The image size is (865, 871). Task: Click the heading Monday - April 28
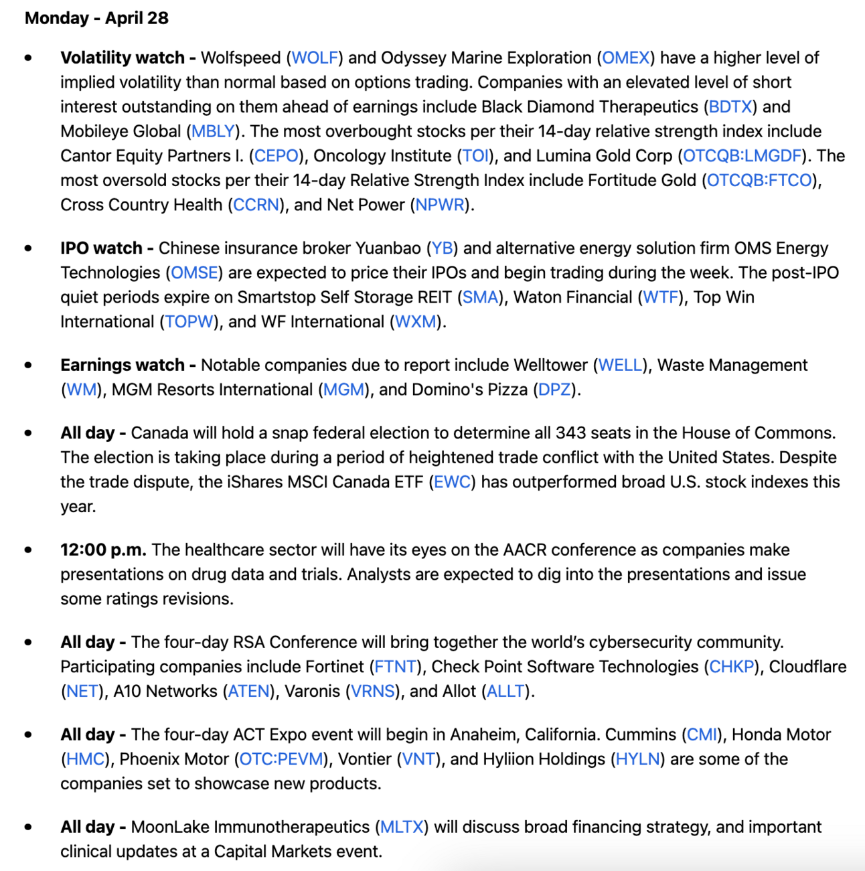pos(96,18)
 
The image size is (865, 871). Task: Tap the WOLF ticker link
pos(315,58)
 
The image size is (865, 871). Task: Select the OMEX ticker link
pos(626,58)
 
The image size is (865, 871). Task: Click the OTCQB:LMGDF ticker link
pos(742,156)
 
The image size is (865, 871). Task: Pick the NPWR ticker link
pos(440,205)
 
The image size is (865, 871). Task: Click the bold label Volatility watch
pos(123,58)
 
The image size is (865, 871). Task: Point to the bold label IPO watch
pos(101,248)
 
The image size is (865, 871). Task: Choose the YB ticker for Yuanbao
pos(442,248)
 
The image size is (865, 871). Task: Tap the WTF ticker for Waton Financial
pos(661,297)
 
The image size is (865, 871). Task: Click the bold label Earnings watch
pos(123,365)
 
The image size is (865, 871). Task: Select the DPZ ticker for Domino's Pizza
pos(554,390)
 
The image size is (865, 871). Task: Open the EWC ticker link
pos(452,482)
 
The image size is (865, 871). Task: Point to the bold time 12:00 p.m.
pos(103,550)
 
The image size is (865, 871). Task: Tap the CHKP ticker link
pos(732,667)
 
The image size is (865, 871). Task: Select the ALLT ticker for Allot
pos(505,691)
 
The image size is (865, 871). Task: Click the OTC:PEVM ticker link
pos(281,759)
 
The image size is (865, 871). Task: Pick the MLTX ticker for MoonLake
pos(402,827)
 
